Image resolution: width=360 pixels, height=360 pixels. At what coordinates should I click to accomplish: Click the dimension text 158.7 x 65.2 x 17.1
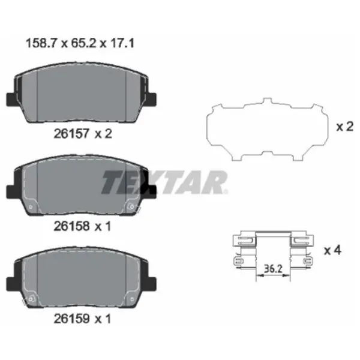click(x=80, y=43)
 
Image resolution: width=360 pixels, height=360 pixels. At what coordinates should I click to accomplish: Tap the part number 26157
click(x=71, y=133)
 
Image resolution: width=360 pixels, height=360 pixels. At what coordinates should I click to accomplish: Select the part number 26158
click(x=71, y=226)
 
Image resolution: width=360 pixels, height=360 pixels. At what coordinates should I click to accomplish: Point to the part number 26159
click(x=71, y=319)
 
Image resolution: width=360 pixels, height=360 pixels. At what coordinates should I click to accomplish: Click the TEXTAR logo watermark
click(x=164, y=182)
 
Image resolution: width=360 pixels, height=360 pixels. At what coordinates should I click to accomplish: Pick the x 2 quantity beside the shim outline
click(x=344, y=127)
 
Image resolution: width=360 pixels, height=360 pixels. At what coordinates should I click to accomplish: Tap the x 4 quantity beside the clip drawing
click(x=332, y=250)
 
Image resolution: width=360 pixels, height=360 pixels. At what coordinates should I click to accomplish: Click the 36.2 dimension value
click(x=273, y=269)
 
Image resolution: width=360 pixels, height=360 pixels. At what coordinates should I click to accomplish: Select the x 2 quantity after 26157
click(x=103, y=133)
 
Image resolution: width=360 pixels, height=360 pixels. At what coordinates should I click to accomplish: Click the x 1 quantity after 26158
click(x=103, y=226)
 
